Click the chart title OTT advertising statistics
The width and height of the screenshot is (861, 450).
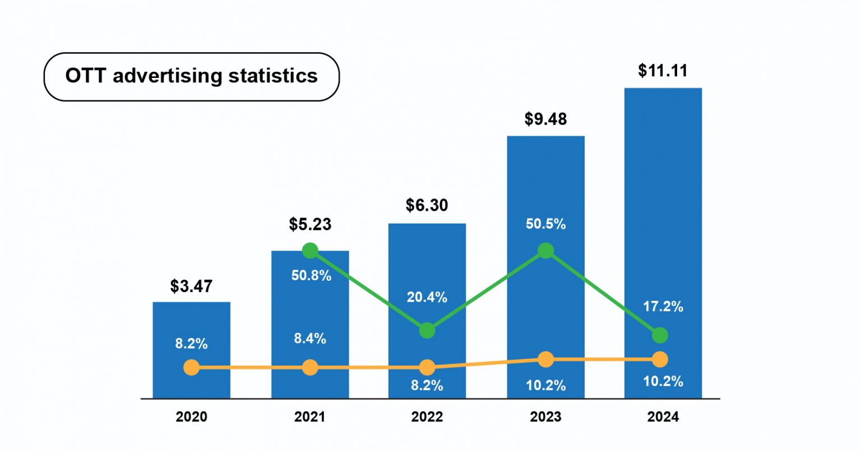[191, 76]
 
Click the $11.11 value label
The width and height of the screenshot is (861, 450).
[663, 71]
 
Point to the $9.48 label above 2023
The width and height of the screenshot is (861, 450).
[545, 119]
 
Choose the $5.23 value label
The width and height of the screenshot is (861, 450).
[310, 224]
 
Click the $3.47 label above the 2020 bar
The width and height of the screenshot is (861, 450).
[191, 286]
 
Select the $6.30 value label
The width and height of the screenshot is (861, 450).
[427, 205]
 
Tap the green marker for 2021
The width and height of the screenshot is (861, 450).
[310, 250]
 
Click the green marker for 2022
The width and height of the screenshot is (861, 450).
[427, 330]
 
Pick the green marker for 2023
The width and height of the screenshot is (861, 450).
[545, 250]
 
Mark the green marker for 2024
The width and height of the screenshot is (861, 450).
[660, 335]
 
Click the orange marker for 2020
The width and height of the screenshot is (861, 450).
[192, 368]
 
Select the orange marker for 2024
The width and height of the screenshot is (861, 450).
[660, 359]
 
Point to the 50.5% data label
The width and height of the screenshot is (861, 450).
[545, 224]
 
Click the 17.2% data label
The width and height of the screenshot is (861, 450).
[663, 307]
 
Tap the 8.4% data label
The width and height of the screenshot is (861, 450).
[310, 338]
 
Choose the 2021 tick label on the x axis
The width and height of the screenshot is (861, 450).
[309, 417]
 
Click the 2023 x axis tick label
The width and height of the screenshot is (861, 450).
[545, 417]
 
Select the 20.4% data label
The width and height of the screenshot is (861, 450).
[427, 297]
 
